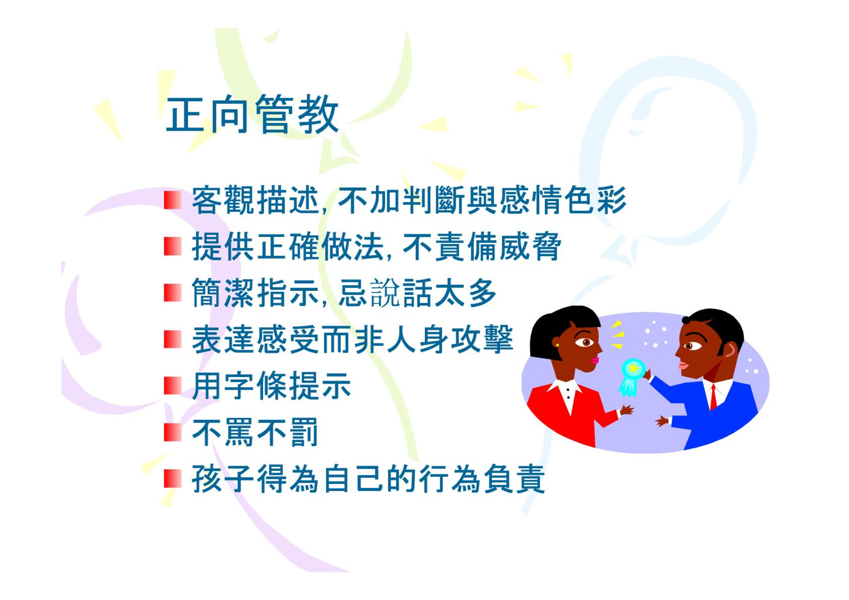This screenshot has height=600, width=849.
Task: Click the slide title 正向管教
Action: click(252, 114)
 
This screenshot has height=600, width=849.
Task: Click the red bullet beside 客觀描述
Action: click(173, 200)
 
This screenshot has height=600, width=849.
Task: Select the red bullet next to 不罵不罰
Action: click(173, 433)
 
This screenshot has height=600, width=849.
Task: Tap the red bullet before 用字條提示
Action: click(173, 386)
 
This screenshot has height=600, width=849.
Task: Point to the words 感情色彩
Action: click(562, 200)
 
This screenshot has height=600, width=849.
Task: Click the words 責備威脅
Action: click(498, 247)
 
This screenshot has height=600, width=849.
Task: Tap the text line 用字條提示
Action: click(271, 386)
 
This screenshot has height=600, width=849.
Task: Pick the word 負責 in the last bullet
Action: click(514, 479)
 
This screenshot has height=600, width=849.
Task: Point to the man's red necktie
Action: click(713, 397)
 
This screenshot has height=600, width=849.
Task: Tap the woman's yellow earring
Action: click(557, 345)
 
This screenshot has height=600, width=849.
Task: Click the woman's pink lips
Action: click(595, 360)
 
